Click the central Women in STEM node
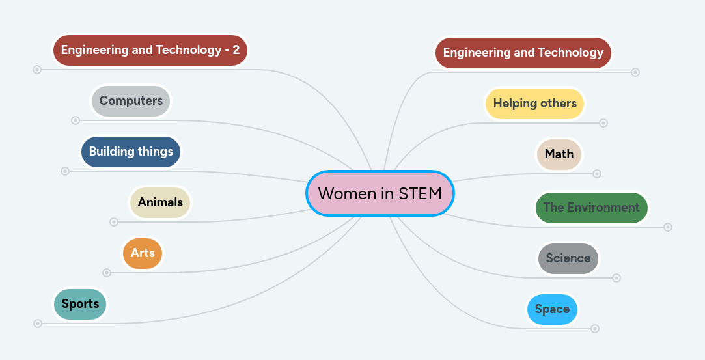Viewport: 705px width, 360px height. pyautogui.click(x=380, y=193)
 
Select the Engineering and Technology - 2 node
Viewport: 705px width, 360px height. pyautogui.click(x=150, y=50)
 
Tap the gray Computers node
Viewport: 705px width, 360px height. pyautogui.click(x=131, y=101)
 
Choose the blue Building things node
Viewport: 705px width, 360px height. pyautogui.click(x=131, y=152)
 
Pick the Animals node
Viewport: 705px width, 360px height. pyautogui.click(x=160, y=202)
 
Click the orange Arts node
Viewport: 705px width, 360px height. pyautogui.click(x=143, y=253)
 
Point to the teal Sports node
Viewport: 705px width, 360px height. pyautogui.click(x=80, y=304)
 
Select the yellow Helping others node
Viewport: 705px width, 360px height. pyautogui.click(x=534, y=104)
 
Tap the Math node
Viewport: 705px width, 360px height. pyautogui.click(x=559, y=154)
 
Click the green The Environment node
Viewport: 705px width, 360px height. pyautogui.click(x=591, y=208)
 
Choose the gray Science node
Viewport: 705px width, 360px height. pyautogui.click(x=568, y=258)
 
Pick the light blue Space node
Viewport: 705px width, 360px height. pyautogui.click(x=552, y=309)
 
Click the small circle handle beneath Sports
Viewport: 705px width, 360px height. pyautogui.click(x=38, y=324)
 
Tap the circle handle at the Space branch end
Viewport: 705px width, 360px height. pyautogui.click(x=595, y=329)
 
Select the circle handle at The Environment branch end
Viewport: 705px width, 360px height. pyautogui.click(x=668, y=227)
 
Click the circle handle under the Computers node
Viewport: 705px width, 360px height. pyautogui.click(x=76, y=120)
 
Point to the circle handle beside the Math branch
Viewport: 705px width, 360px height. pyautogui.click(x=597, y=174)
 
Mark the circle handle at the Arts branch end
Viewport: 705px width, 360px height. pyautogui.click(x=107, y=273)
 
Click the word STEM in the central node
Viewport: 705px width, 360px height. pyautogui.click(x=421, y=193)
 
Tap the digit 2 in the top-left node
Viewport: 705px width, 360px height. pyautogui.click(x=236, y=50)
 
